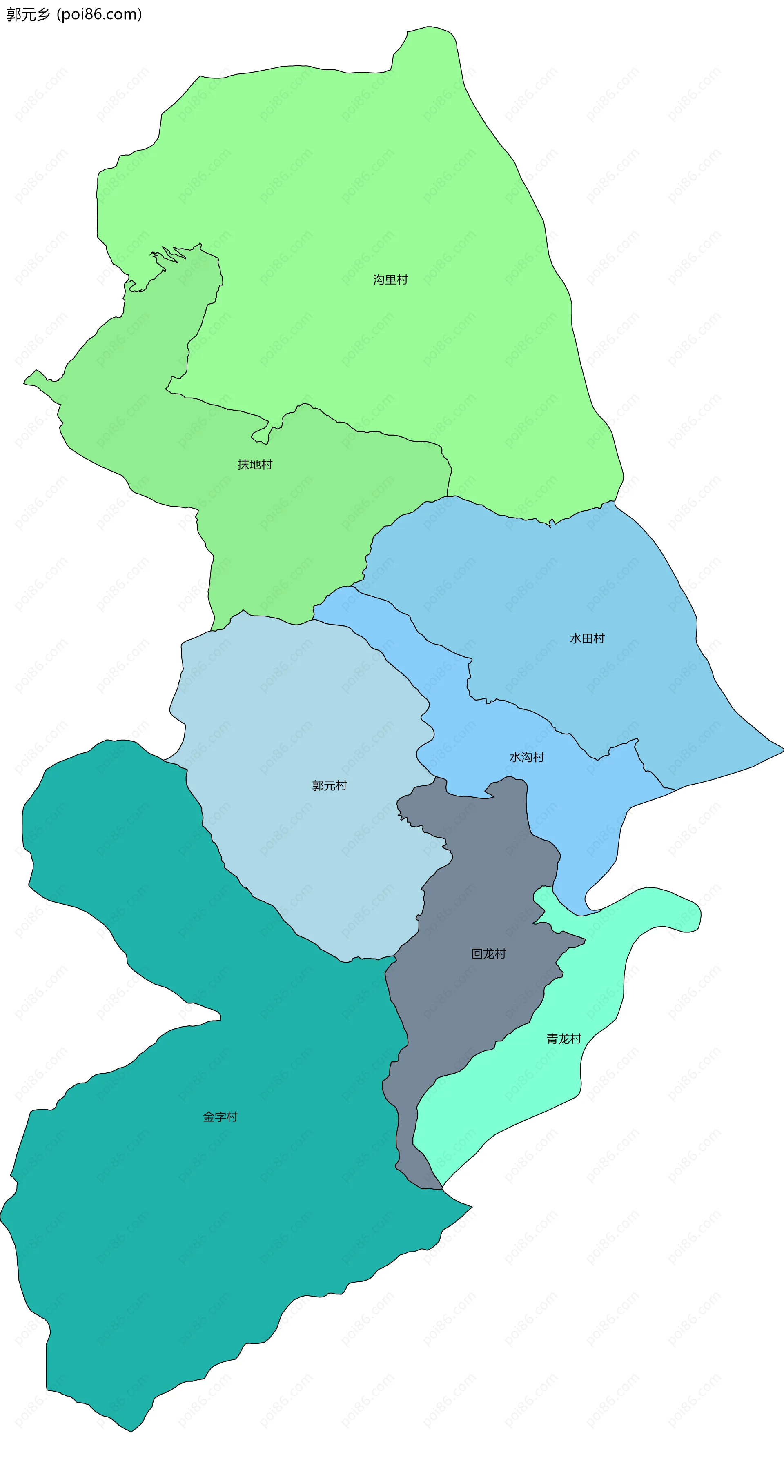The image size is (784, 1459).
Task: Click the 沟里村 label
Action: pos(390,280)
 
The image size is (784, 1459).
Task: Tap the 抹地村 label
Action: pos(255,465)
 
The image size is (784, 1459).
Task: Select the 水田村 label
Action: pos(587,639)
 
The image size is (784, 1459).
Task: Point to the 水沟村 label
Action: pos(527,757)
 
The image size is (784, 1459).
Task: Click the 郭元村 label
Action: pos(329,785)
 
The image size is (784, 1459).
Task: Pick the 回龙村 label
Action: pos(488,954)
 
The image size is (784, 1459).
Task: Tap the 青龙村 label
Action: pos(563,1039)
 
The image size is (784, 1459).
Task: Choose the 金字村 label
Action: pos(220,1117)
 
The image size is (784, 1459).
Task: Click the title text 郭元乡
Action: pos(28,14)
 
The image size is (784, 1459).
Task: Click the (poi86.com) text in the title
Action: pos(99,14)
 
